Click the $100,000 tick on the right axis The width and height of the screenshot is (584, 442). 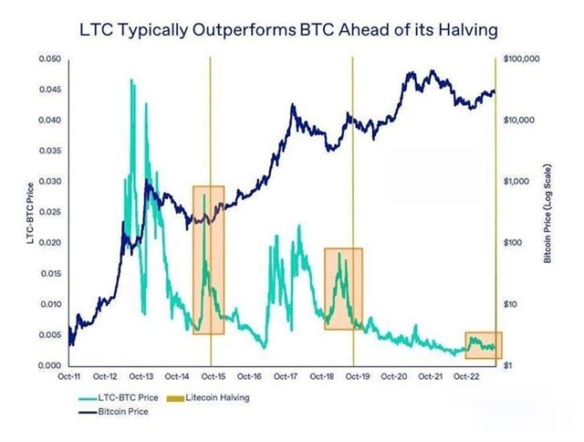pos(524,58)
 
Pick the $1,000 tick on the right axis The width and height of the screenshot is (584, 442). pos(517,182)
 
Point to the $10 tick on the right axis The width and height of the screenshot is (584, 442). pos(512,304)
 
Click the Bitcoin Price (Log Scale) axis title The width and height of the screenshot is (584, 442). pos(547,212)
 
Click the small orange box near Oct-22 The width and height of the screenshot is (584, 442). pos(484,345)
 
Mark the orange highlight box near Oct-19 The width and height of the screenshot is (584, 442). pos(343,289)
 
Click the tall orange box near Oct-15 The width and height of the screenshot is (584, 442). pos(208,260)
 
